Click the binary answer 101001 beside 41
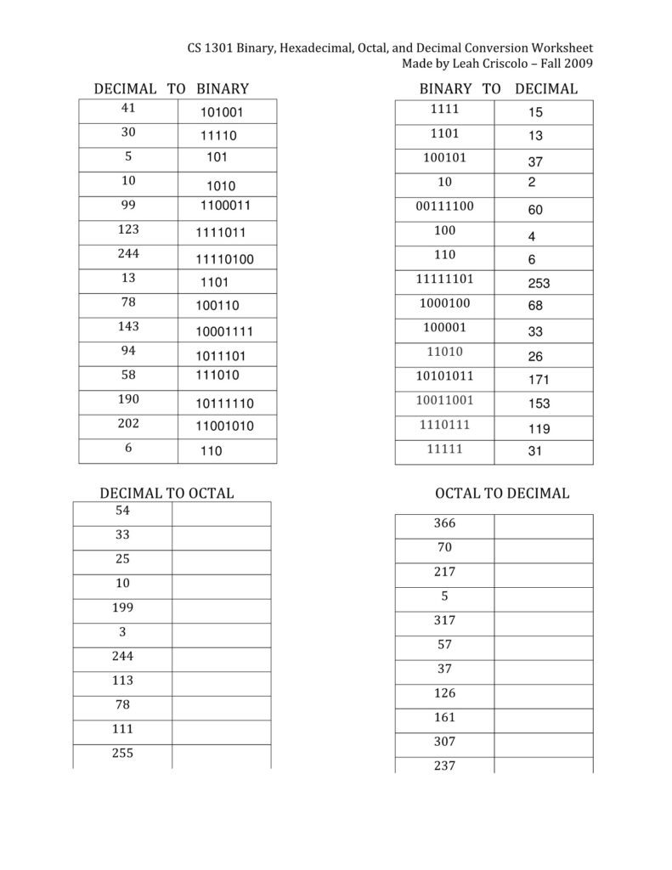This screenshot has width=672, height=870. [x=222, y=112]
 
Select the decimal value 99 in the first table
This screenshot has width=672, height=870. [x=128, y=205]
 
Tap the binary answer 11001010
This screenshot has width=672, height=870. [x=225, y=426]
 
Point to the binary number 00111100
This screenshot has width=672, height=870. [x=444, y=206]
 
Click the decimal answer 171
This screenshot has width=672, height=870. [x=539, y=380]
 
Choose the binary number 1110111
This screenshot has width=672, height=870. [x=444, y=424]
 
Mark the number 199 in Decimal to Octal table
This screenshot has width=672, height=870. [x=122, y=608]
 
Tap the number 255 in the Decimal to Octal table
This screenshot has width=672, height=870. [x=122, y=754]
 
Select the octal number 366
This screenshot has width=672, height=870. [x=444, y=523]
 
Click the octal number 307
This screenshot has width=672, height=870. [x=444, y=742]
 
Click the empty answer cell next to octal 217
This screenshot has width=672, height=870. [x=543, y=574]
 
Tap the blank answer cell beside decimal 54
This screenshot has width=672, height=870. [x=221, y=513]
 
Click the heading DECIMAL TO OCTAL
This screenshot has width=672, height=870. [x=167, y=493]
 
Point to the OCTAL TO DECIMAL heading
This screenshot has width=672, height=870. [x=502, y=493]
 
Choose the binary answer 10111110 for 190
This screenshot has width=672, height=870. [x=225, y=404]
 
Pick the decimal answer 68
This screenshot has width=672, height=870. [x=535, y=306]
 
